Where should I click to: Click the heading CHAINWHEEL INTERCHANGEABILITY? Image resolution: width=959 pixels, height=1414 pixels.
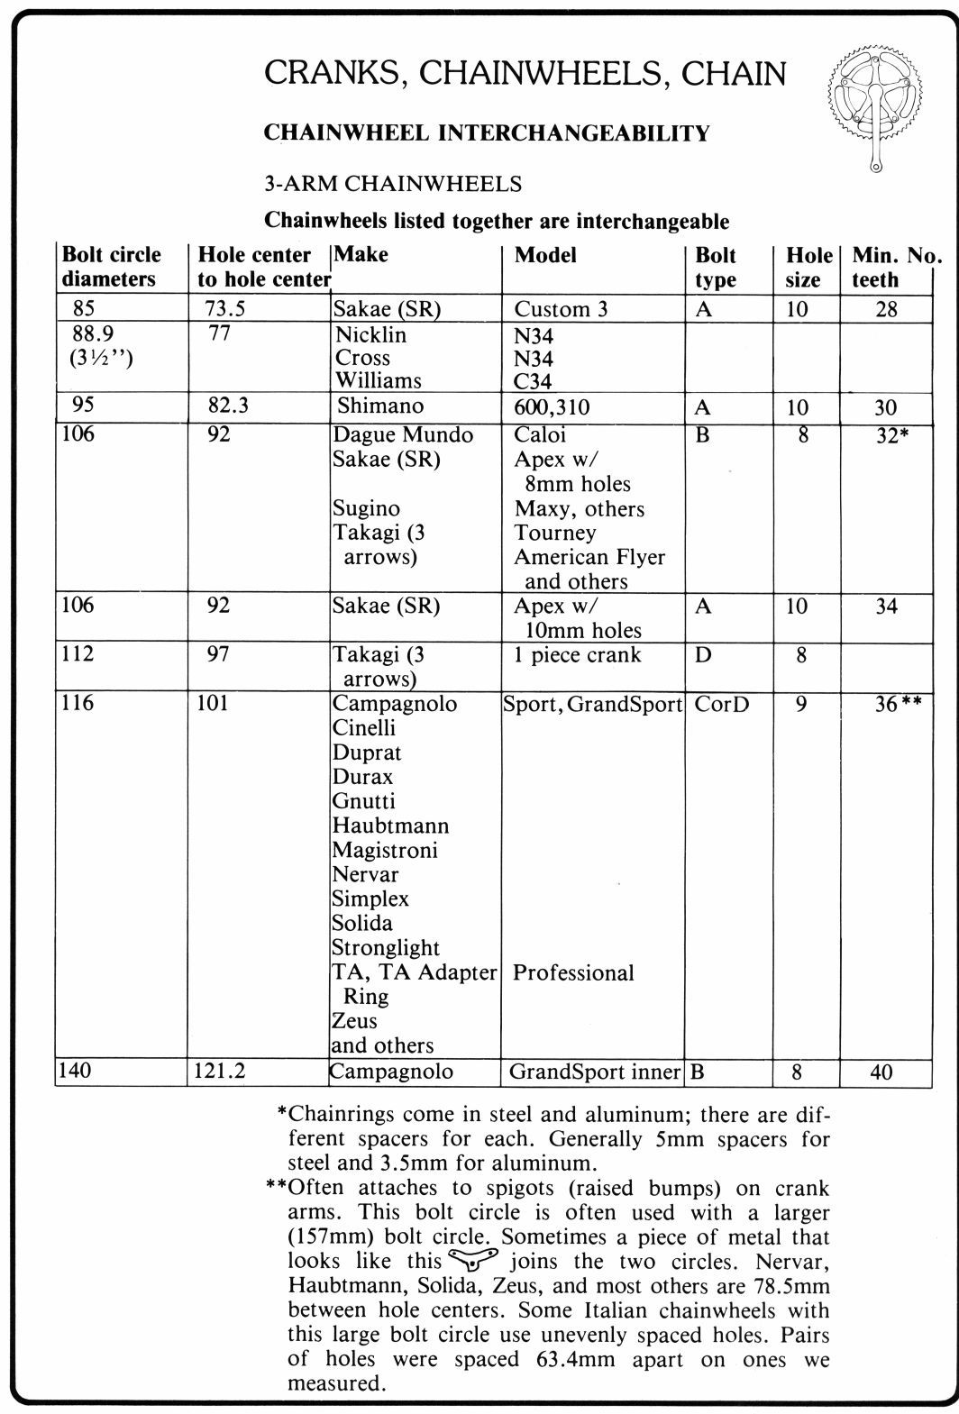[487, 133]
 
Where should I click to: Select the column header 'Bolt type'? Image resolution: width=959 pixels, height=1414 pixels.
[716, 268]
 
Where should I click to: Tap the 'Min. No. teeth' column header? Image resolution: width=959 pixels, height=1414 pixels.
[894, 268]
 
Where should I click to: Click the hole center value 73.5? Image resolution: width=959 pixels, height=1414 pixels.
[227, 309]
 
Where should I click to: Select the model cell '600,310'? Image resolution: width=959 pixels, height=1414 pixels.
[552, 407]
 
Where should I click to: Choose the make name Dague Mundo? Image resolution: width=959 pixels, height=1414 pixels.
[403, 435]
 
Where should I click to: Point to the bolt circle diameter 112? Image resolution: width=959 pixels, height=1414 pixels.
[78, 653]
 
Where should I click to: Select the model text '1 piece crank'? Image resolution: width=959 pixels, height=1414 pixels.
[578, 655]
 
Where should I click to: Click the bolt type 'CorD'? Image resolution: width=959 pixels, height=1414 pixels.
[722, 704]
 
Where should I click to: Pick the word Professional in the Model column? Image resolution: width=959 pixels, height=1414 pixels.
[573, 973]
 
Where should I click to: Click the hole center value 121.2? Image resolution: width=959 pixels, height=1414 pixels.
[222, 1072]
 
